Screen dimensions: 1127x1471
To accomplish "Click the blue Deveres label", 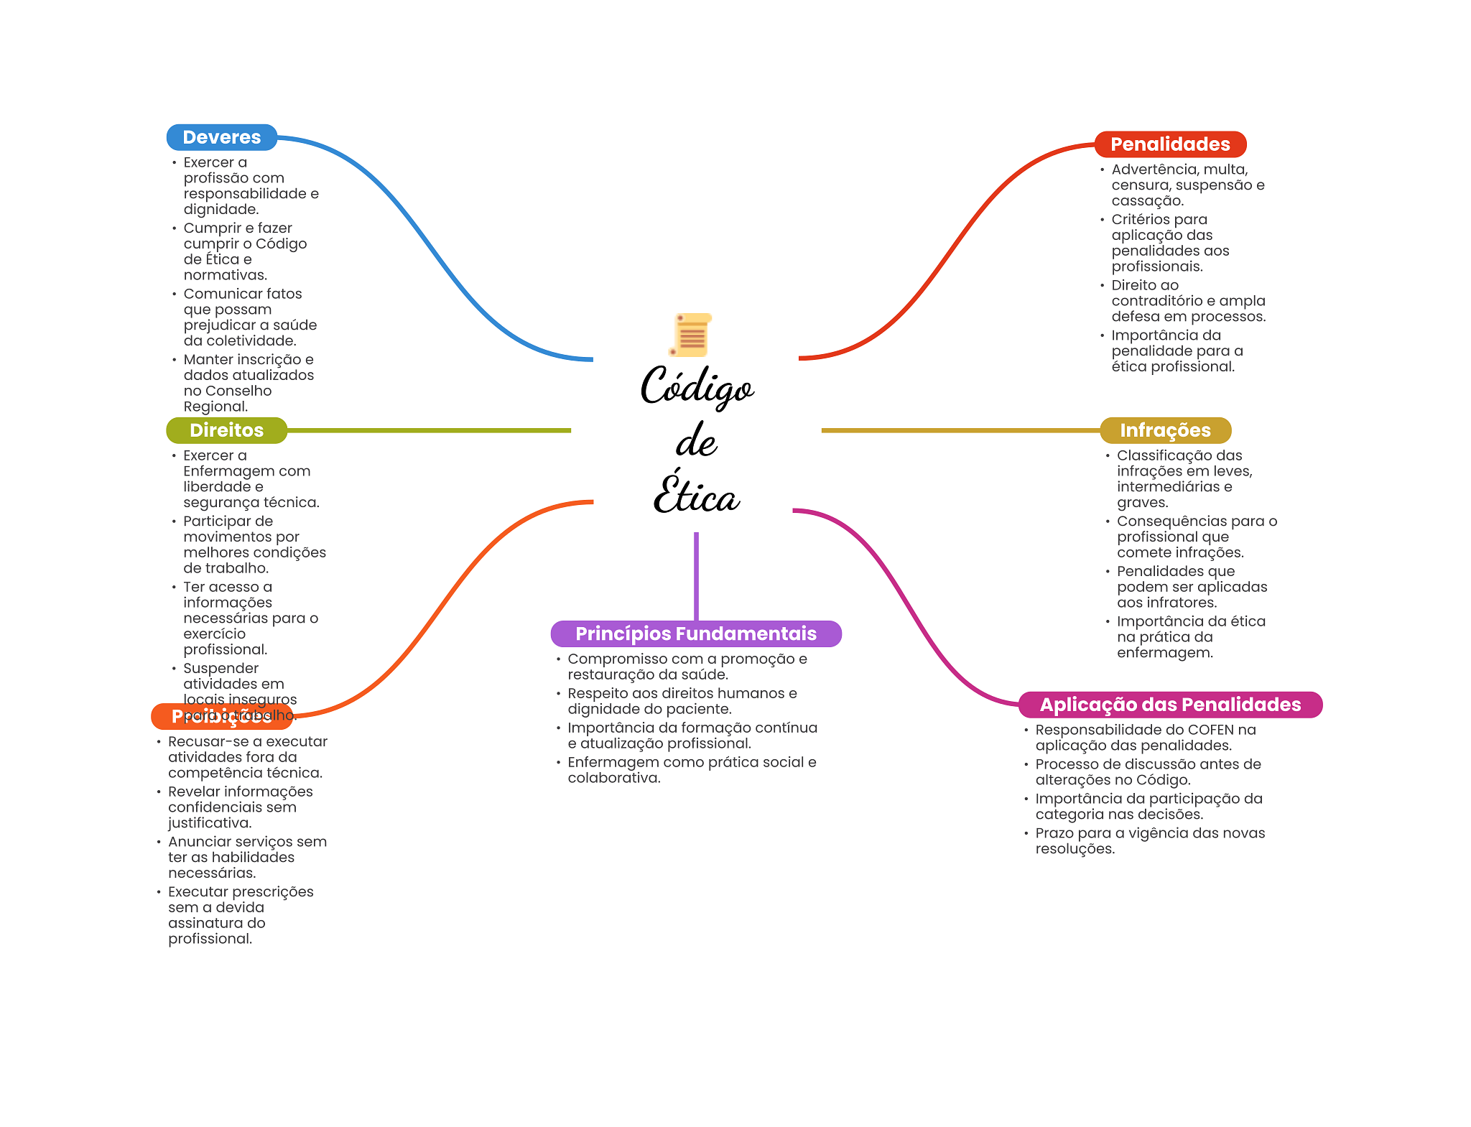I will (221, 137).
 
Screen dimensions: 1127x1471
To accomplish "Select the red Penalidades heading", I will (1170, 144).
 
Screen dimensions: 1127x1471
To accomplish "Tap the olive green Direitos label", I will (226, 430).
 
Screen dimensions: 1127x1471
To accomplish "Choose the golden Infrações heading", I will (1165, 430).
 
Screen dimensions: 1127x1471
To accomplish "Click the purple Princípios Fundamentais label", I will (695, 634).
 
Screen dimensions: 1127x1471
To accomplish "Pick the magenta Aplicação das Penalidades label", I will (1170, 705).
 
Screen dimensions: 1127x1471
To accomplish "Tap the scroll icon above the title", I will (691, 335).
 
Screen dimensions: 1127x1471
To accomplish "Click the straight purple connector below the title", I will (696, 575).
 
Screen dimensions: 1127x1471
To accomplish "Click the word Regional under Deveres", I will (215, 407).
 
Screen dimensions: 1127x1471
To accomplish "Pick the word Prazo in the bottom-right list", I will (1054, 833).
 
